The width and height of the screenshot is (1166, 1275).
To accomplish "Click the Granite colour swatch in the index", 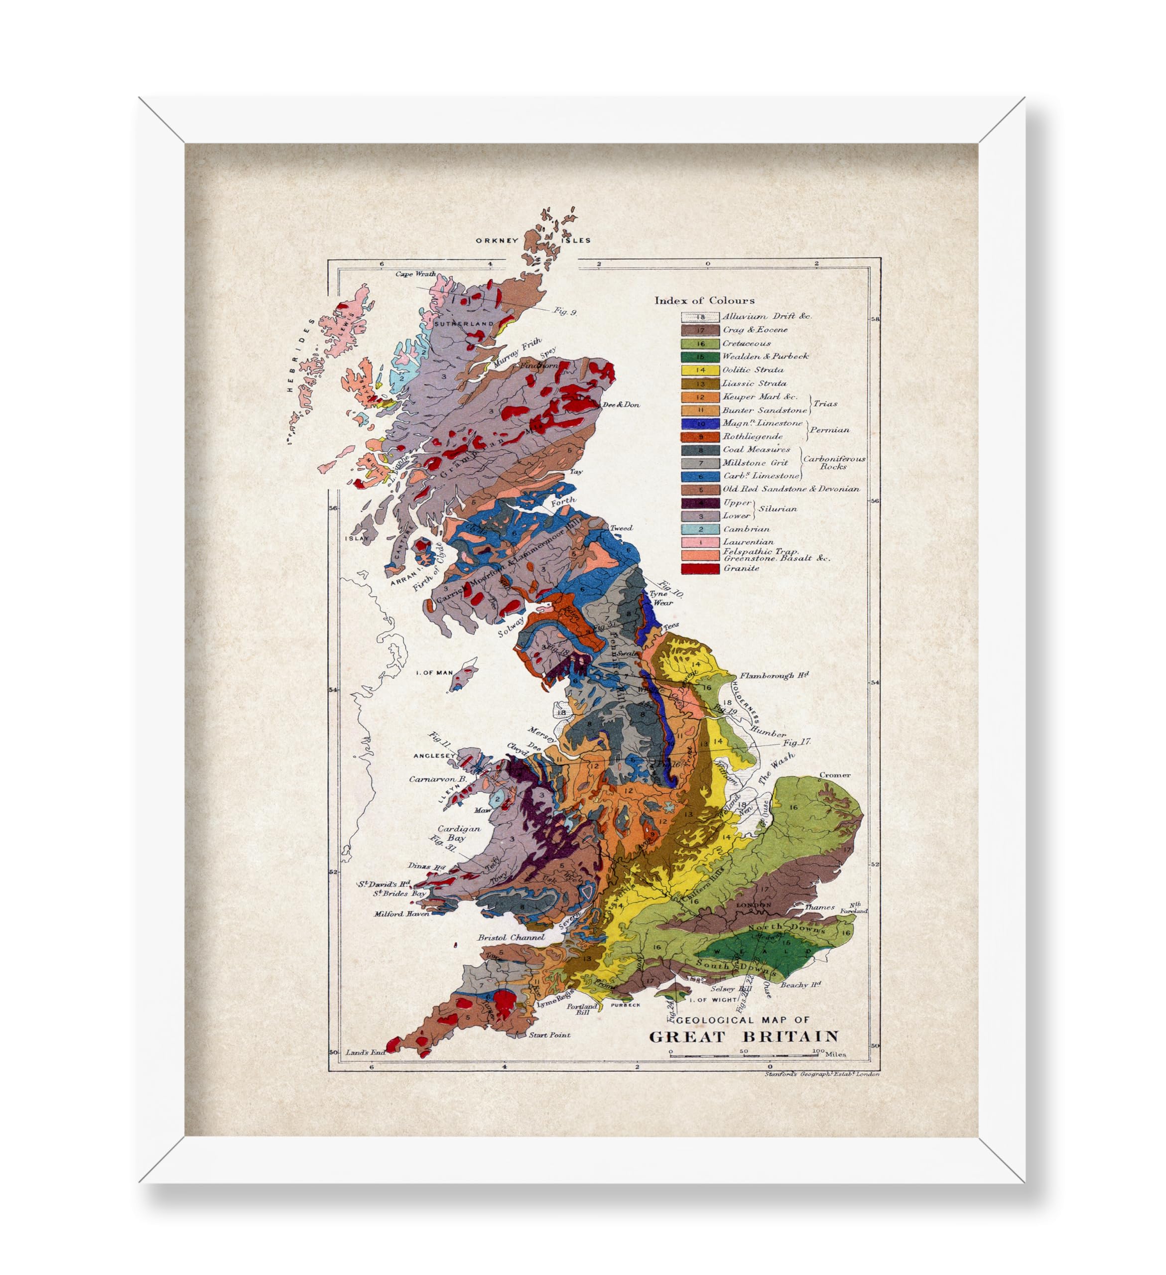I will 700,568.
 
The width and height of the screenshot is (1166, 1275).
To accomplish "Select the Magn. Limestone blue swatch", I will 700,424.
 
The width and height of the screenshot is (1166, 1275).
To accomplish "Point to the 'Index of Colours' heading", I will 704,300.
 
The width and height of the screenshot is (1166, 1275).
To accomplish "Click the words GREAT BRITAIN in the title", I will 744,1036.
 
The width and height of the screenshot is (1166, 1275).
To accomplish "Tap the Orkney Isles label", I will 533,241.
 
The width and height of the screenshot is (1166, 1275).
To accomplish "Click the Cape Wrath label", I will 415,274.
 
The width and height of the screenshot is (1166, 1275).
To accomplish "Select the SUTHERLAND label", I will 464,323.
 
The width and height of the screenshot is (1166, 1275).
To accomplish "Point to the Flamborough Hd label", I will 774,675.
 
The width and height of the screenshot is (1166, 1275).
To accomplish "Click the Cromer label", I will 835,775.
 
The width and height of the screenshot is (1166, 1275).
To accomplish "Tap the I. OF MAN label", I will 434,672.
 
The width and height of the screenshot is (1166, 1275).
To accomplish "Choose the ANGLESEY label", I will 434,756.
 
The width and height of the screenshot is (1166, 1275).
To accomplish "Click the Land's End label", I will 366,1052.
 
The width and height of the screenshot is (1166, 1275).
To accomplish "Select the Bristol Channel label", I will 511,937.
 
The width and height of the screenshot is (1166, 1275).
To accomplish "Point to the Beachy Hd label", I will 800,985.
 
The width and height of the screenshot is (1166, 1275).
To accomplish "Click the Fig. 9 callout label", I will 565,311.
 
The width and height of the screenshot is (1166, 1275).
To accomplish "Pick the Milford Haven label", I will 401,914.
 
